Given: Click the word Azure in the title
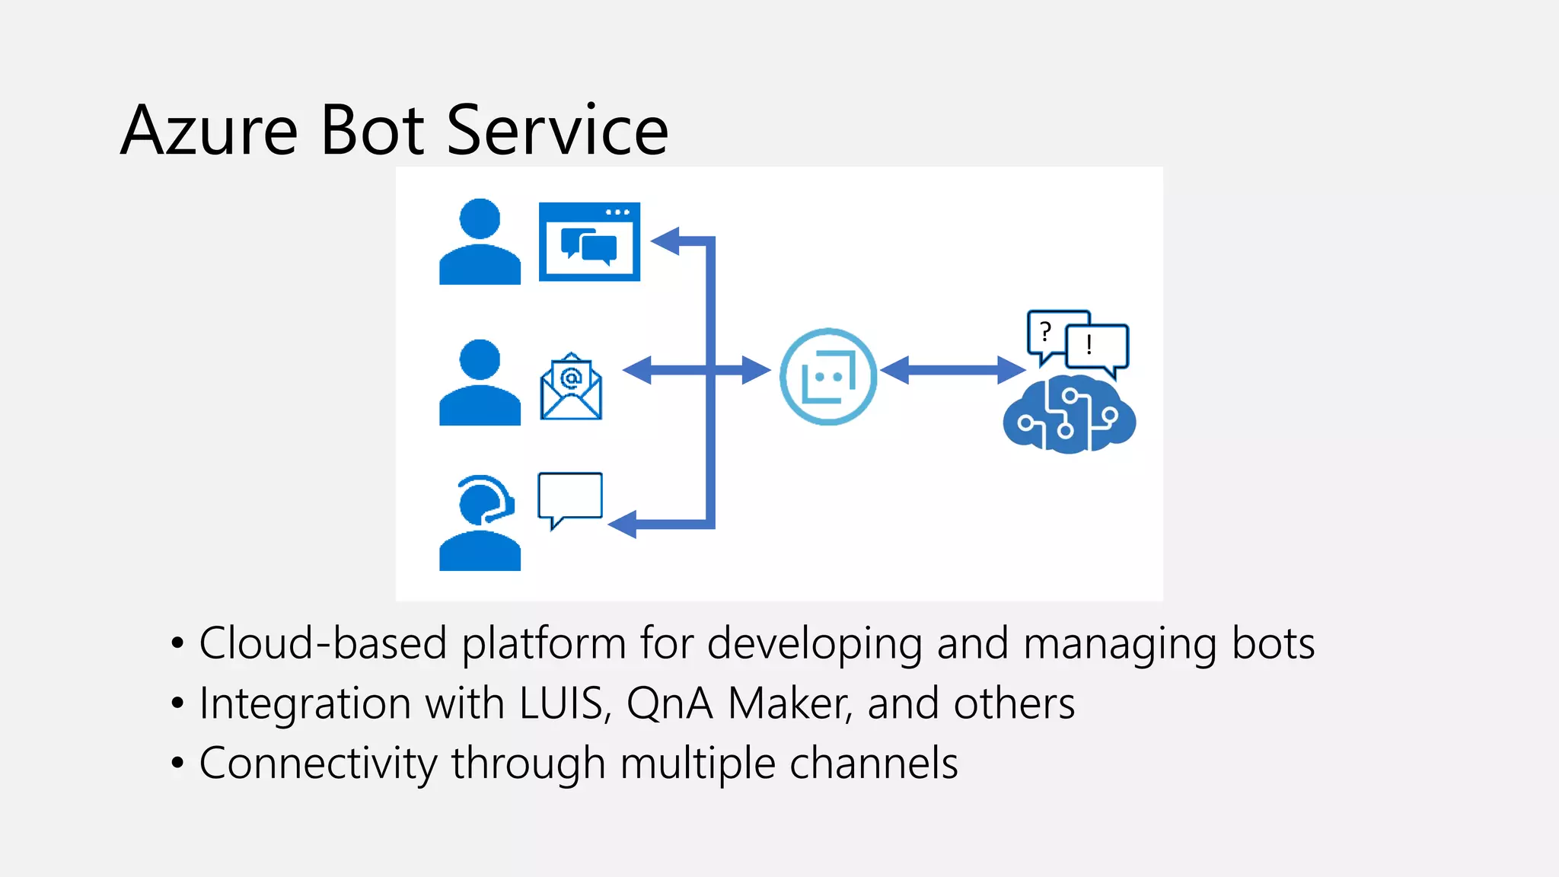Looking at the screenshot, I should point(209,131).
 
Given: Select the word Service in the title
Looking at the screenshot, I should point(557,131).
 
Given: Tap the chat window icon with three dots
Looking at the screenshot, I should point(589,241).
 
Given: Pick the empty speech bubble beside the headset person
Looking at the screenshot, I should point(570,497).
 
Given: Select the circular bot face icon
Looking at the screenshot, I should point(828,376).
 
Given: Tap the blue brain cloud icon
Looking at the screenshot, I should point(1069,415).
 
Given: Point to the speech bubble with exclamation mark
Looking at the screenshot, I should point(1096,346).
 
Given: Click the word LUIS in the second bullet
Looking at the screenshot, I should point(563,703).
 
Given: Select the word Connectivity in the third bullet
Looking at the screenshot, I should point(317,763).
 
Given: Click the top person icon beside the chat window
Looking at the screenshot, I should point(480,242).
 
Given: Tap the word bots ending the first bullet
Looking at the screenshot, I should point(1273,643).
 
